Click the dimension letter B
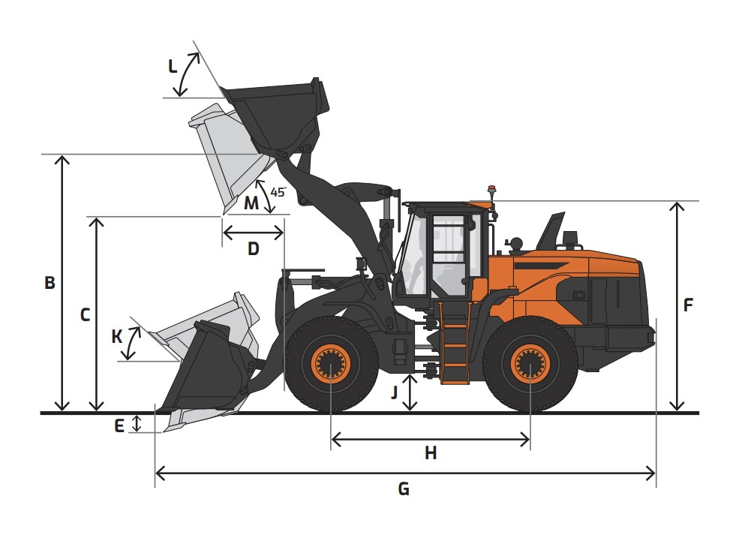(x=50, y=283)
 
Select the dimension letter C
(x=85, y=314)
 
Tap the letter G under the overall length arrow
(x=404, y=489)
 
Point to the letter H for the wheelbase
(x=431, y=453)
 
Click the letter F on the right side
(x=688, y=305)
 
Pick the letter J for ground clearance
(x=395, y=392)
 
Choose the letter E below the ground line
(x=119, y=426)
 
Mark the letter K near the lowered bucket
(x=117, y=337)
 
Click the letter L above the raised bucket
(x=173, y=67)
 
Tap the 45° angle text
(x=278, y=192)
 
